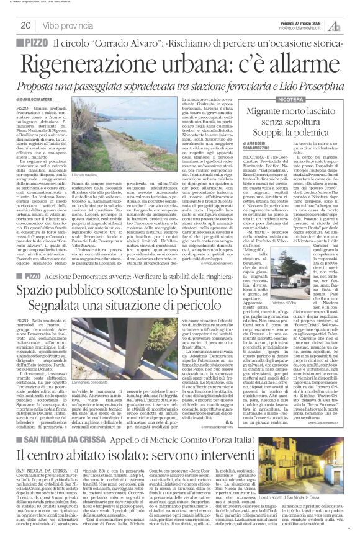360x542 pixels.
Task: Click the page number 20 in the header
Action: coord(26,25)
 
